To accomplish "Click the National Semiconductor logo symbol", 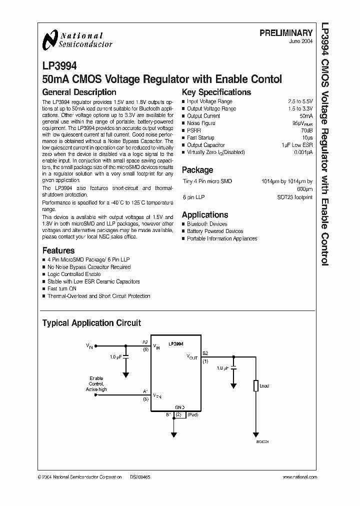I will click(x=50, y=40).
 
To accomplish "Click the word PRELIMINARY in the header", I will click(x=286, y=32).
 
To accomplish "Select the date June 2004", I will click(x=301, y=41).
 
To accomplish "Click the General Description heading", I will click(x=79, y=92).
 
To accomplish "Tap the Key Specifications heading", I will click(x=216, y=92).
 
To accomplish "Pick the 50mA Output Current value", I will click(x=306, y=116).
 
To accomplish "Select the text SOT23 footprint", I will click(x=295, y=197).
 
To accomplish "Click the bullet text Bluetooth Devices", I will click(x=207, y=224).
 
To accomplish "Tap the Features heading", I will click(x=58, y=250).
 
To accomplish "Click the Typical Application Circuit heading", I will click(x=91, y=323).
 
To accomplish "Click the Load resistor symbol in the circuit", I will click(x=255, y=386).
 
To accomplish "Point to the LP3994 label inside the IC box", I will click(x=175, y=344).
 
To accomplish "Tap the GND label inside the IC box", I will click(x=179, y=407).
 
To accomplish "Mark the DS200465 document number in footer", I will click(x=139, y=477).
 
